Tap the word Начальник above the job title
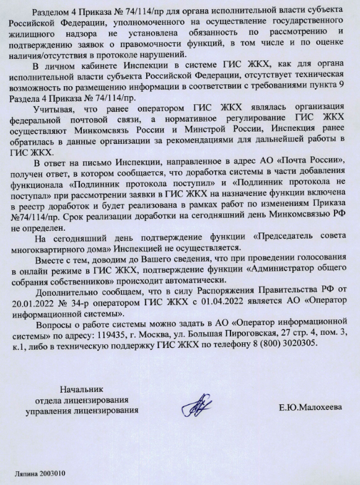[x=79, y=390]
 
